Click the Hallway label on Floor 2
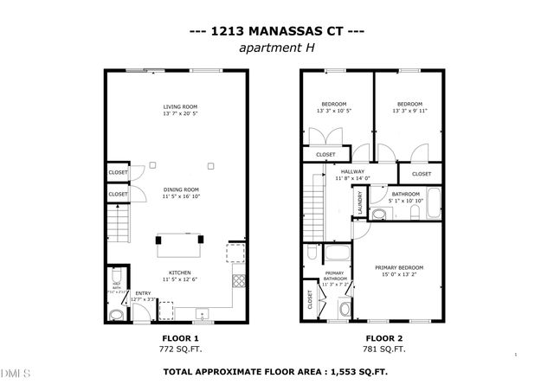tap(352, 171)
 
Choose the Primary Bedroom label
tap(399, 268)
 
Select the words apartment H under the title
tap(276, 48)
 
